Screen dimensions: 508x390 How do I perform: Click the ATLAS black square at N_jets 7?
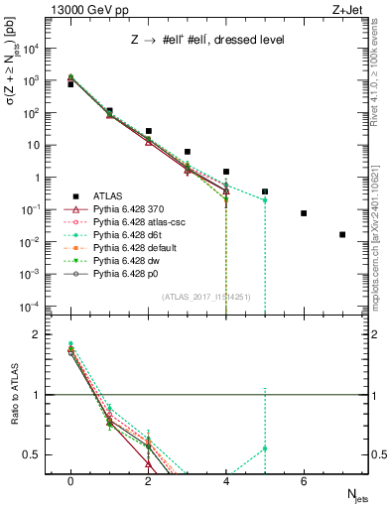pyautogui.click(x=342, y=235)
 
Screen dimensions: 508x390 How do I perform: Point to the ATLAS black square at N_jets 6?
pyautogui.click(x=304, y=213)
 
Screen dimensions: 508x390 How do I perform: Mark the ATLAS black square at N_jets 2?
pyautogui.click(x=148, y=131)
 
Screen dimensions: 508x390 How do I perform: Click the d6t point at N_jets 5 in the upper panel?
pyautogui.click(x=265, y=200)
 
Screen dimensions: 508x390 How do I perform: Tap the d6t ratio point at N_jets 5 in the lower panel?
pyautogui.click(x=265, y=448)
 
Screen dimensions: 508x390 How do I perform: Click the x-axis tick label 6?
pyautogui.click(x=304, y=480)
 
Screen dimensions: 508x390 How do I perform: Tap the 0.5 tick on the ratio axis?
pyautogui.click(x=41, y=454)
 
